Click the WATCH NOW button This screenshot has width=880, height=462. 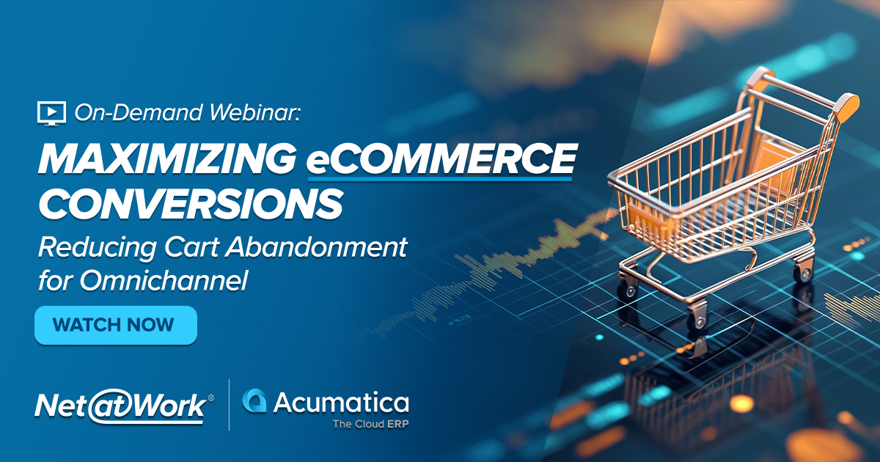(115, 325)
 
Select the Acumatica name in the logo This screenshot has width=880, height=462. (341, 403)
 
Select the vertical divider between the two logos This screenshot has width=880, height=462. (229, 406)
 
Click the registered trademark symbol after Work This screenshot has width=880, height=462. (211, 397)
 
